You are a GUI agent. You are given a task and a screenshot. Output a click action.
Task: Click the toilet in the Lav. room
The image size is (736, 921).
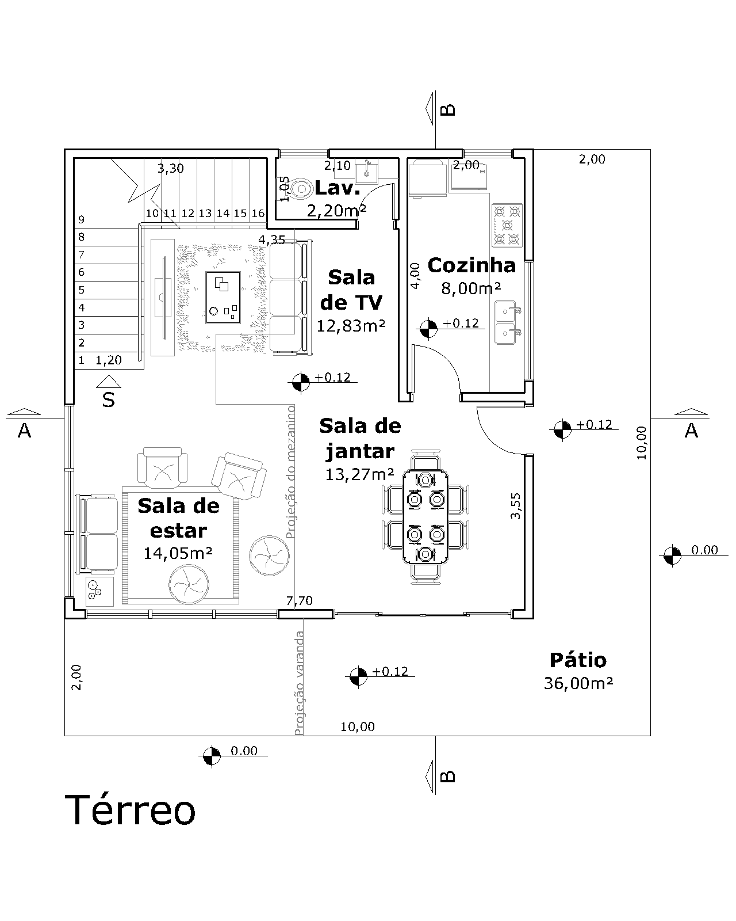(300, 188)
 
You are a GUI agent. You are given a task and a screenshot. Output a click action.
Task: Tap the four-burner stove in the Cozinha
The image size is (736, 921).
(507, 225)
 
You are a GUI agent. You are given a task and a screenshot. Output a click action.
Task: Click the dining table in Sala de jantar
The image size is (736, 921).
(425, 516)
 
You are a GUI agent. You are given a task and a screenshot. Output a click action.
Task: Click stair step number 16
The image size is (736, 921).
(258, 214)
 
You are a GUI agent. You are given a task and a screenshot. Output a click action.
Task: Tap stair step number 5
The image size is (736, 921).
(82, 290)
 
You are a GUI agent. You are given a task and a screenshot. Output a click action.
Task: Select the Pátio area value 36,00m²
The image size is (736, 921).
(577, 683)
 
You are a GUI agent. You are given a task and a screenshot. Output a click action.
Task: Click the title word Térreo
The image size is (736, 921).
(133, 810)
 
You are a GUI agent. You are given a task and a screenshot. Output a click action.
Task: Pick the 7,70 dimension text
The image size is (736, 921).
(300, 601)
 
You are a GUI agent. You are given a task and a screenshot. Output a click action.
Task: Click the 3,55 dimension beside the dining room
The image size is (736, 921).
(516, 506)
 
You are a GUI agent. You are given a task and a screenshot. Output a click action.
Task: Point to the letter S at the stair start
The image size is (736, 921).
(108, 399)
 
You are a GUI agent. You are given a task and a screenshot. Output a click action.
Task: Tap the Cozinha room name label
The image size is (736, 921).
(471, 265)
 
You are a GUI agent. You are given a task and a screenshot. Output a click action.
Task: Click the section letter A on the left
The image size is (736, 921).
(24, 430)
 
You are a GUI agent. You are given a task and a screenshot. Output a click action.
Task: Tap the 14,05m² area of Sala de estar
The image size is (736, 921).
(178, 553)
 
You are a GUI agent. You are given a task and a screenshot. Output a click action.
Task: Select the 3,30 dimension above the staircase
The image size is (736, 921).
(171, 169)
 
